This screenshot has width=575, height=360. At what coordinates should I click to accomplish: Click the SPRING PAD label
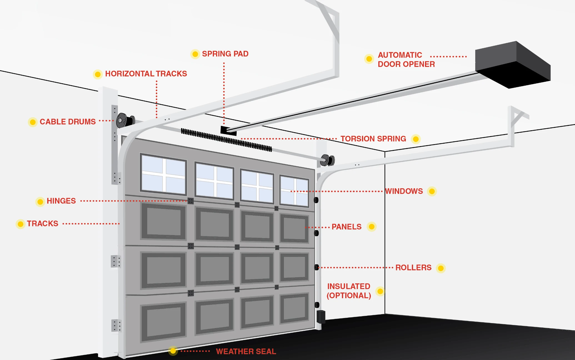click(225, 54)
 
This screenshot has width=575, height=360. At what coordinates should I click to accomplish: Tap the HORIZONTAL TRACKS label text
click(146, 74)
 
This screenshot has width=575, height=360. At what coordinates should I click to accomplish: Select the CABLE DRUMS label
click(67, 122)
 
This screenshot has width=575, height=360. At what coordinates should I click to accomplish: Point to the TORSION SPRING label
click(373, 139)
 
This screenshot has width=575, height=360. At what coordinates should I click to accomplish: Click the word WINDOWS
click(404, 191)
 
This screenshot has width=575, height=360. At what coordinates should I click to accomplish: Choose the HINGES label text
click(61, 201)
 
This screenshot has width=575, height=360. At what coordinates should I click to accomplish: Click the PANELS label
click(346, 227)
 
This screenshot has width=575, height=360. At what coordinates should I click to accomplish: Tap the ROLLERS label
click(413, 267)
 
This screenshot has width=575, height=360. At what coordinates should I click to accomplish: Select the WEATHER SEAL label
click(246, 351)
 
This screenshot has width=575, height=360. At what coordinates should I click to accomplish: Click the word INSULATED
click(349, 286)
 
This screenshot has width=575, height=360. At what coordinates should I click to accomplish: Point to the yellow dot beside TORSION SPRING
click(416, 139)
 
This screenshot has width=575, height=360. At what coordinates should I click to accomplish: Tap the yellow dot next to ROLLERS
click(441, 268)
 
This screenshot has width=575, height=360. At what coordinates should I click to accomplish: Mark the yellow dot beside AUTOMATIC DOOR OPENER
click(369, 59)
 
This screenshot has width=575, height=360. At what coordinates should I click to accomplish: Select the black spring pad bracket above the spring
click(228, 131)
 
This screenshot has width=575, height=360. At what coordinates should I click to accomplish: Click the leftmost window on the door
click(163, 174)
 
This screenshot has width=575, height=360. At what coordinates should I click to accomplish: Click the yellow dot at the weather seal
click(173, 351)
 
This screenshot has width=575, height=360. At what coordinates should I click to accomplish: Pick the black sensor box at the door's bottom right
click(321, 317)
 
